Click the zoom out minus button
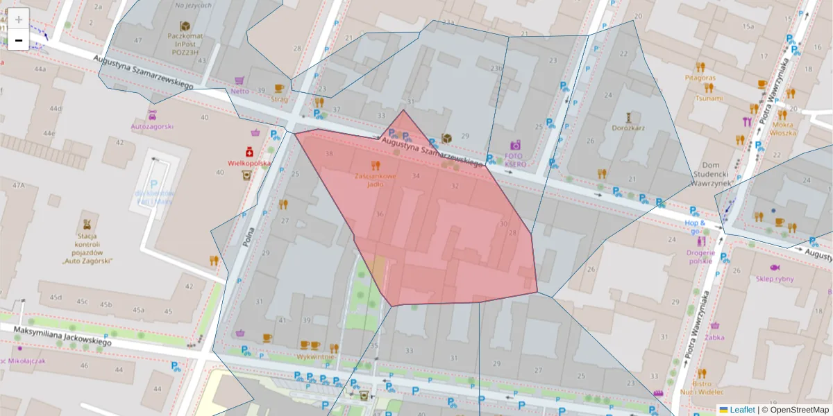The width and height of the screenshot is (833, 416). pos(19,40)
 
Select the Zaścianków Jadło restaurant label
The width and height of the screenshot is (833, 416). pos(376,180)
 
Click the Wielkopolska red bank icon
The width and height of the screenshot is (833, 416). pos(249,151)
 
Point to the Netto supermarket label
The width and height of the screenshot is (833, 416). pos(239,91)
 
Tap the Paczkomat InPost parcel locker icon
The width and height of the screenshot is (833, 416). pos(185,26)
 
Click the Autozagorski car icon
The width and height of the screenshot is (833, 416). pos(152,115)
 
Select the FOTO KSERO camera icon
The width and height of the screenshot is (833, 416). pos(515,145)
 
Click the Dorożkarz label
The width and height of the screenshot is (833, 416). pos(628,128)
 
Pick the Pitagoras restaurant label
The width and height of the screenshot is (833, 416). pos(700,78)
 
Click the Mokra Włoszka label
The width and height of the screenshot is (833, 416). pos(782,128)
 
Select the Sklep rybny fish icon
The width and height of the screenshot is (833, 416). pos(774,268)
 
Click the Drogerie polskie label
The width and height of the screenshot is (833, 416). pos(700,257)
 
